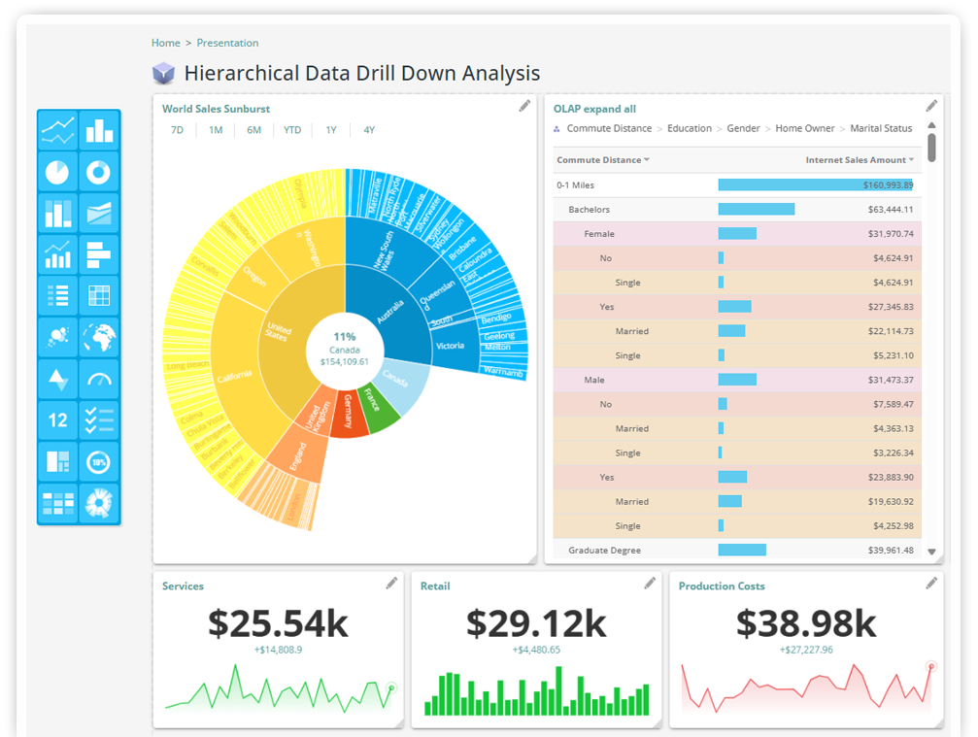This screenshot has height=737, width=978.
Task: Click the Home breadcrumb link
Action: pyautogui.click(x=166, y=43)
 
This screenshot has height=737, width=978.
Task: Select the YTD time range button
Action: pyautogui.click(x=292, y=130)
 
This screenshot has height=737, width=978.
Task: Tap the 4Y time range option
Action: pyautogui.click(x=369, y=130)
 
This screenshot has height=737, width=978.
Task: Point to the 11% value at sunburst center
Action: pyautogui.click(x=345, y=336)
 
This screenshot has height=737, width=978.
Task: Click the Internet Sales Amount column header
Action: pyautogui.click(x=856, y=160)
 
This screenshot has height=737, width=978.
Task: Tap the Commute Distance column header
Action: pyautogui.click(x=599, y=160)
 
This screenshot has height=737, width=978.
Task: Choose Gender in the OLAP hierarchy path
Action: pyautogui.click(x=743, y=128)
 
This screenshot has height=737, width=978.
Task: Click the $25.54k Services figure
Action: pyautogui.click(x=278, y=623)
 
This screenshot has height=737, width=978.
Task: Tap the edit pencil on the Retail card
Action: pyautogui.click(x=650, y=583)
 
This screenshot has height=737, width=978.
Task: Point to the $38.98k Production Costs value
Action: pyautogui.click(x=806, y=623)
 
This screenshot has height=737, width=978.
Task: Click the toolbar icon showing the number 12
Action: pyautogui.click(x=58, y=420)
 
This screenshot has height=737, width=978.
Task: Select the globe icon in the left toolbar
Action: pyautogui.click(x=99, y=338)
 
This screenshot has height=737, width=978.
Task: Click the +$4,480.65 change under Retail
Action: pyautogui.click(x=536, y=650)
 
